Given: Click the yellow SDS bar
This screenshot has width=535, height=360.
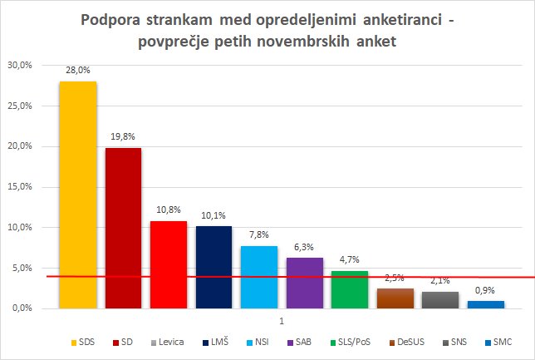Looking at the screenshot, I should [x=78, y=195].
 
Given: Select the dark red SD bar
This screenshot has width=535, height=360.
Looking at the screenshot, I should [x=123, y=228].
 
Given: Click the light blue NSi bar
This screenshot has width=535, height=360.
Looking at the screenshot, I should [x=259, y=277].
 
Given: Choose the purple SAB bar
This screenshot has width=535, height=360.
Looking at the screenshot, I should [x=304, y=283].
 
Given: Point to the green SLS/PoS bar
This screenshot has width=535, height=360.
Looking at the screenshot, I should [x=349, y=289].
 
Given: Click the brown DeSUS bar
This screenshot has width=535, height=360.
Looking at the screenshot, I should [x=395, y=298].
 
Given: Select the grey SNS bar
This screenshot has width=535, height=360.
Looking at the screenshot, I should [x=439, y=299].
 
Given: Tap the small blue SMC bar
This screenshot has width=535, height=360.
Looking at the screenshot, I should [x=485, y=304].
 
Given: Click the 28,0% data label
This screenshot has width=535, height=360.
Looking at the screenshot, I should [x=78, y=72].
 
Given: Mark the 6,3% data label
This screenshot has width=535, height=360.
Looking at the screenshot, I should [x=304, y=248].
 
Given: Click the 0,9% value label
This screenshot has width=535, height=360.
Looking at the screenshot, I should [x=485, y=291].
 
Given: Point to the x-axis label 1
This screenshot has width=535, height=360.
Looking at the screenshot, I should [x=282, y=321].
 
